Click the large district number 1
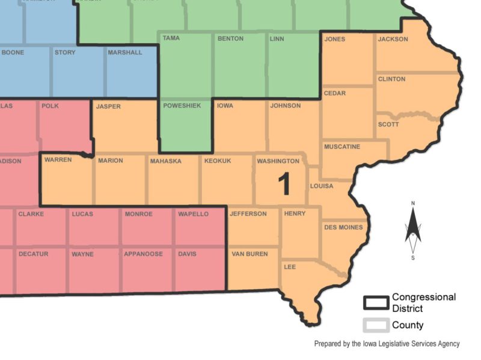284,185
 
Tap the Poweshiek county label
182,106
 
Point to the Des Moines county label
343,227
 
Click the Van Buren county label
250,254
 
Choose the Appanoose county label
143,254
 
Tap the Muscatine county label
342,147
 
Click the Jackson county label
393,39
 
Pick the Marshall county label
125,52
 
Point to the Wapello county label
193,214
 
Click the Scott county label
388,124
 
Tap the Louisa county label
321,186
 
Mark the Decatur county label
33,254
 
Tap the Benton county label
230,39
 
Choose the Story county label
65,52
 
